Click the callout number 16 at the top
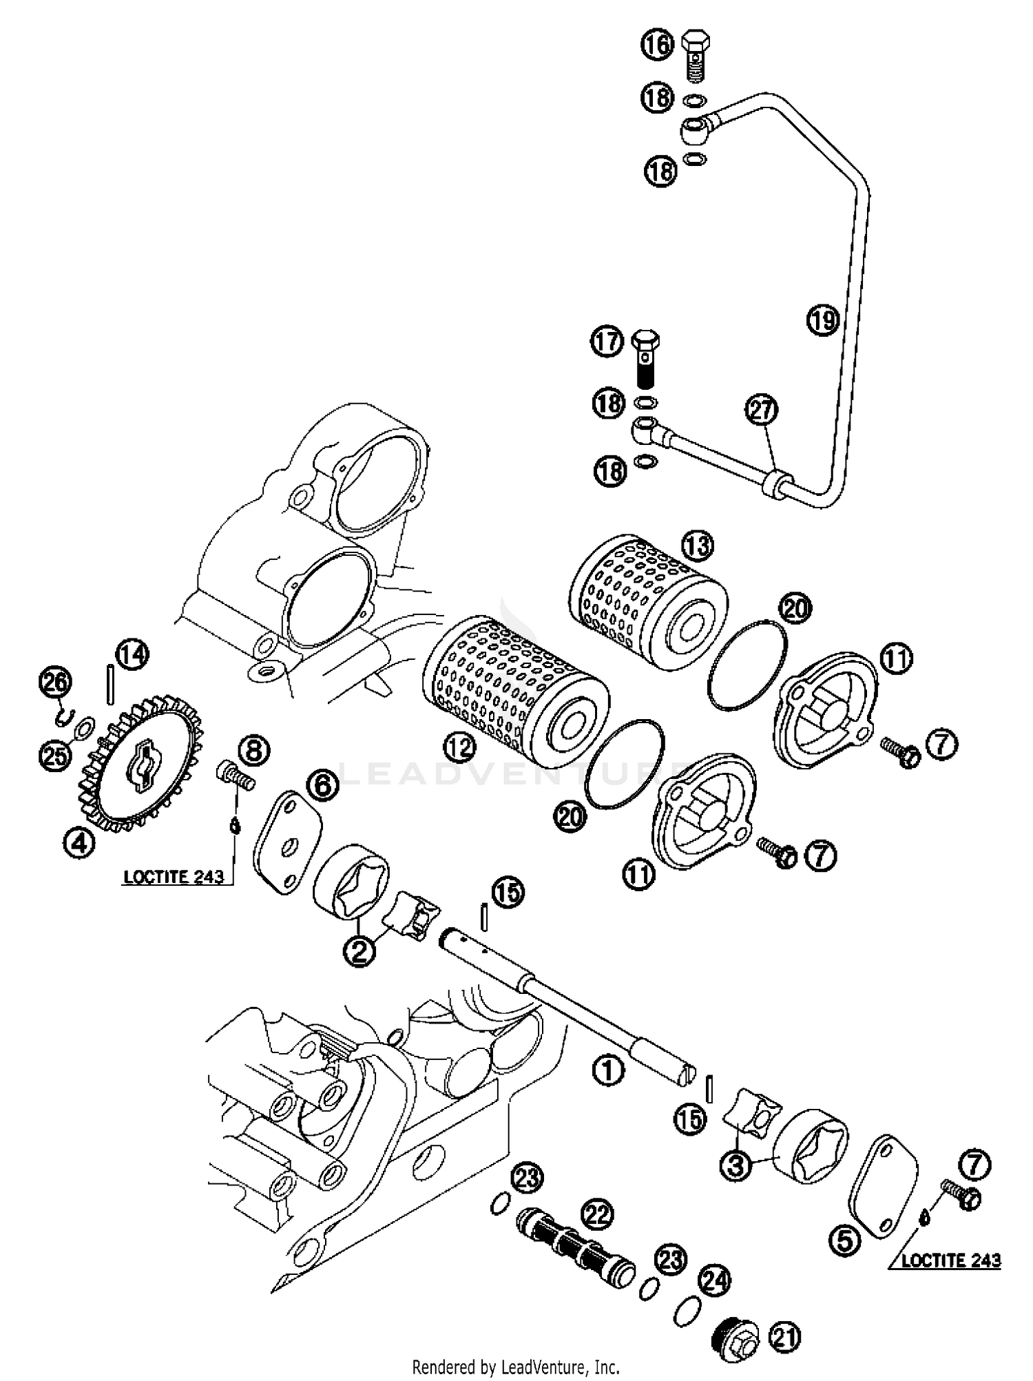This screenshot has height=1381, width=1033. click(x=658, y=45)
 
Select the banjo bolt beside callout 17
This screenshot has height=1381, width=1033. click(x=645, y=359)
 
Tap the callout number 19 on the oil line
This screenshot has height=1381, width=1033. click(x=822, y=320)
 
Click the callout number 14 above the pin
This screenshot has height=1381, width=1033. click(x=132, y=654)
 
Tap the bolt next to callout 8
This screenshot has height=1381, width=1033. click(x=235, y=778)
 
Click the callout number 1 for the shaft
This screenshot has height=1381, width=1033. click(x=608, y=1070)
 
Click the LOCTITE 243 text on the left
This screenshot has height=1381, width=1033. click(x=174, y=876)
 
